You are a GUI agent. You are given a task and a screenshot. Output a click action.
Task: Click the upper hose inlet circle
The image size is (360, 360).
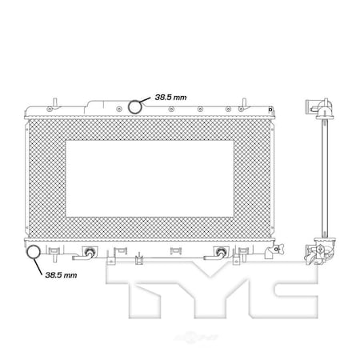[x=137, y=106]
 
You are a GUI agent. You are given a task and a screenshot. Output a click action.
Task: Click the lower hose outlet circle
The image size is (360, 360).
[x=35, y=254]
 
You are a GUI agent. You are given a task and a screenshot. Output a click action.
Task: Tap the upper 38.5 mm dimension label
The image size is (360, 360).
[x=171, y=97]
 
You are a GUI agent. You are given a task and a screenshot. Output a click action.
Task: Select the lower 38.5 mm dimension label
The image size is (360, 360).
[x=60, y=274]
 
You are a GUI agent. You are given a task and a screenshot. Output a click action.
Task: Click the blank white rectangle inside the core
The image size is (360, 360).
[x=150, y=178]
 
